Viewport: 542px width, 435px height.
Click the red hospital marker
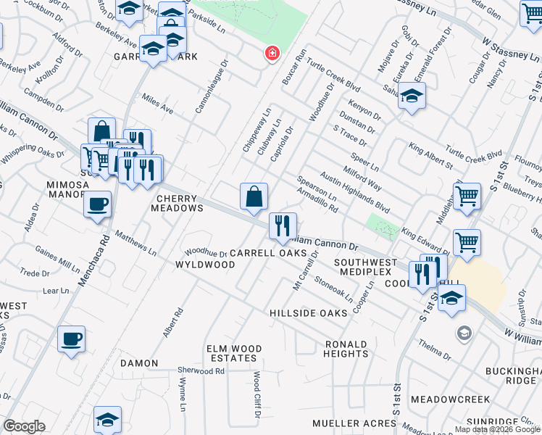point(272,54)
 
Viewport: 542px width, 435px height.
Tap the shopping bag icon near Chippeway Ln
point(254,196)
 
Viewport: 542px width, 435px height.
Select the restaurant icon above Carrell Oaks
point(283,225)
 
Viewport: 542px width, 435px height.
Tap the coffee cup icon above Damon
point(71,339)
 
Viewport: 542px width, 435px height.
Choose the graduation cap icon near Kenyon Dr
point(412,96)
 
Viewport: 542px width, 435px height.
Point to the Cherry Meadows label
point(176,202)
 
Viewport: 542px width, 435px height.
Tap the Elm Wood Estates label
point(233,353)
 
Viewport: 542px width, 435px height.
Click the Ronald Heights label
point(346,349)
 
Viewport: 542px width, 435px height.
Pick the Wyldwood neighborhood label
point(205,265)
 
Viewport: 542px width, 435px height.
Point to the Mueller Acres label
point(346,423)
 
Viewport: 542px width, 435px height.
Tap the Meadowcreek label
point(450,399)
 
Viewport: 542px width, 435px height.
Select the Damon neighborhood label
point(139,362)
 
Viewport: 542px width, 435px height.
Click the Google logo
point(25,426)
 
